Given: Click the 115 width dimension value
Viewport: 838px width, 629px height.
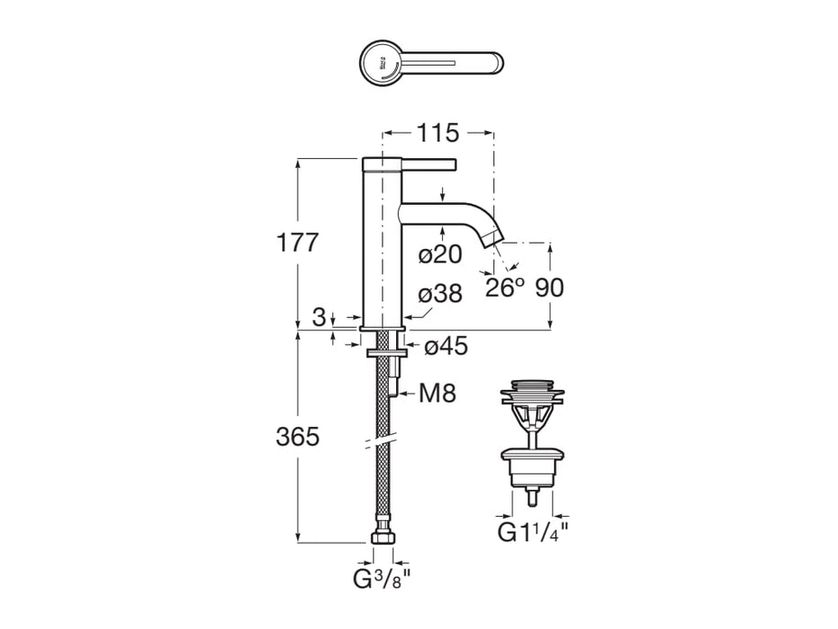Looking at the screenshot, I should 437,133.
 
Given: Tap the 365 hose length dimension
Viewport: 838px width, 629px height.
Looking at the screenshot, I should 297,437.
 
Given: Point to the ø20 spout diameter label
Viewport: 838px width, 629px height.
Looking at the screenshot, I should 440,255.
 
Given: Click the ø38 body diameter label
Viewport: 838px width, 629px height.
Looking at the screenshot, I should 440,294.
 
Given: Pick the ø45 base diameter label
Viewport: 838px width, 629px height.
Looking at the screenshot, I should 445,346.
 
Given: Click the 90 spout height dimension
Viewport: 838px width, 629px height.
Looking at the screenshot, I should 549,288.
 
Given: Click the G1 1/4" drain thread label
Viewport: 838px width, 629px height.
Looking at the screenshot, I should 534,532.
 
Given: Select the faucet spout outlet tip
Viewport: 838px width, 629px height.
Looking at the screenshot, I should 492,240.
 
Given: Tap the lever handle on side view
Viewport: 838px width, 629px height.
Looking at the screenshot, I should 410,164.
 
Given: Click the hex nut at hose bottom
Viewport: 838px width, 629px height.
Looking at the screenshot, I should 384,539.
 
